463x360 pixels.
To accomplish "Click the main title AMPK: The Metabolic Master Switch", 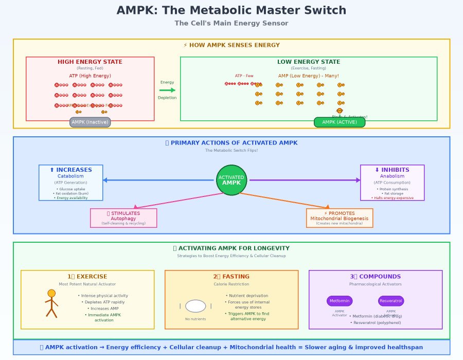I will (232, 10).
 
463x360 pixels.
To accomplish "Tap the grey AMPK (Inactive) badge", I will (90, 122).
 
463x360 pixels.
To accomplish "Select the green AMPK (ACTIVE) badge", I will (340, 122).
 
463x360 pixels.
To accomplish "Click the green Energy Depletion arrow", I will (167, 91).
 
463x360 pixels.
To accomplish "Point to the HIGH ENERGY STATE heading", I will (90, 62).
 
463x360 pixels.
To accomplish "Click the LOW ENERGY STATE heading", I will (309, 62).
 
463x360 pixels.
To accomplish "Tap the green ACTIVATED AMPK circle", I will (232, 180).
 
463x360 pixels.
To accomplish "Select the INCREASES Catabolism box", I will (71, 183).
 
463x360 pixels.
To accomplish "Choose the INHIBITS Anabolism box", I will (392, 183).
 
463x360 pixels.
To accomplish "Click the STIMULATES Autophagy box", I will (123, 218).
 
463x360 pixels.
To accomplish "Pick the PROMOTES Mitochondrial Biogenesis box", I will (340, 218).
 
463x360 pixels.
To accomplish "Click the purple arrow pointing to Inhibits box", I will (304, 180).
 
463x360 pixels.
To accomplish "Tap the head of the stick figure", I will (51, 293).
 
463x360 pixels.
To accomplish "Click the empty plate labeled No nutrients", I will (195, 306).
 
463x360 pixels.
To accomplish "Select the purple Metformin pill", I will (340, 301).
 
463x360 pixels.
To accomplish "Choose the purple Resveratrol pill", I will (391, 301).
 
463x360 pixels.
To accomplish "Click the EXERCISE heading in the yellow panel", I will (87, 277).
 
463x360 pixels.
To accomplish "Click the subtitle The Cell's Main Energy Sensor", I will (232, 23).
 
